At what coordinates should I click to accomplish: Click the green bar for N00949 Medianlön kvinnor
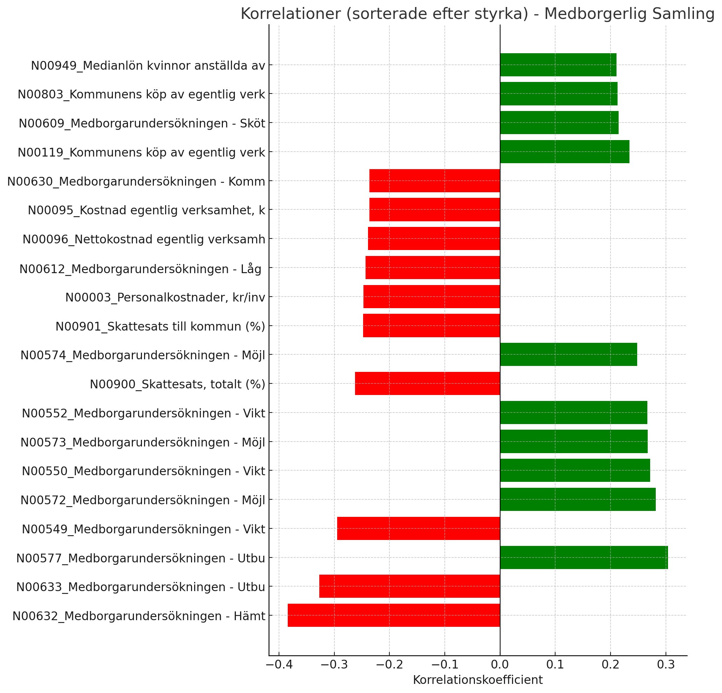(558, 65)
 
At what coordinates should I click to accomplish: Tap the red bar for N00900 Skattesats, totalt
(427, 383)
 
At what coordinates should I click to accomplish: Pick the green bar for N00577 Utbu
(584, 557)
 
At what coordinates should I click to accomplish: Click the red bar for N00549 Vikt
(418, 528)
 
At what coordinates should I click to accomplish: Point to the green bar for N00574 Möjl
(568, 354)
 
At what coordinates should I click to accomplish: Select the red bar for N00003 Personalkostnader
(431, 297)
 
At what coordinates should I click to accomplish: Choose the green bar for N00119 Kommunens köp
(564, 152)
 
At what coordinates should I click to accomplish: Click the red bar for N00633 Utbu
(409, 586)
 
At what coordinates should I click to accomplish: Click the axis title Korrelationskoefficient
(477, 680)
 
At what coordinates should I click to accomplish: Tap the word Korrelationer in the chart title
(291, 14)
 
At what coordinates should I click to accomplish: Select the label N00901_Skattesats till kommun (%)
(160, 326)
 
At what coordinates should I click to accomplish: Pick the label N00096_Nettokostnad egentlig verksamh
(144, 240)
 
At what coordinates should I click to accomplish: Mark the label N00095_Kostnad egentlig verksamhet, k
(146, 210)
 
